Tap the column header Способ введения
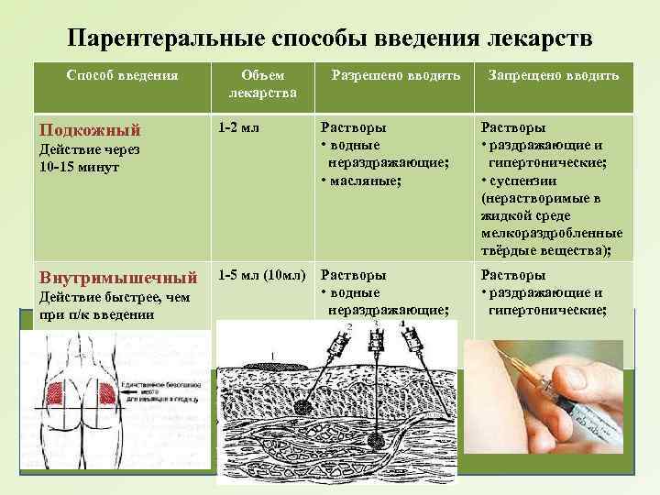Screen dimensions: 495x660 (x=122, y=75)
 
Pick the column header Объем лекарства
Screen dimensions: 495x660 (x=263, y=83)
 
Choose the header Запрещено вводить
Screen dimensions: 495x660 (x=553, y=75)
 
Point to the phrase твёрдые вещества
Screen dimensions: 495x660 (x=546, y=249)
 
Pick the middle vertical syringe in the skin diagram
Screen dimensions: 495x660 (x=376, y=351)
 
